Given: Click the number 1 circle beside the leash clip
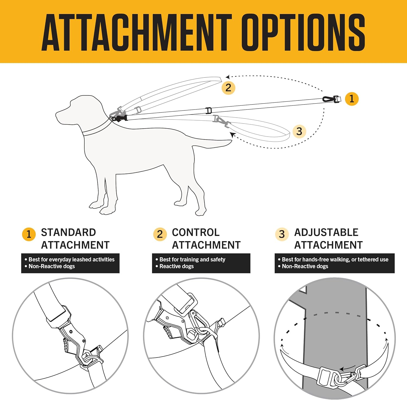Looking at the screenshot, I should tap(352, 99).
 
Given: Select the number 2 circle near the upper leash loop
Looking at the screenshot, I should tap(228, 88).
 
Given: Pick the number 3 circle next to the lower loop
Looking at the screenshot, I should tap(299, 131).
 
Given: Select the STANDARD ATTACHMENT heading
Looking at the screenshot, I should tap(75, 238).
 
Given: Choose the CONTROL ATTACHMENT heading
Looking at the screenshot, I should tap(206, 238).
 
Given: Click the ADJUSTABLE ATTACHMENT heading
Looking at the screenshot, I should tap(328, 238).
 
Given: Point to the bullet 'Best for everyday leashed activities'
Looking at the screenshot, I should tap(71, 259).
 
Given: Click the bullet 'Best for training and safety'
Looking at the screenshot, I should tap(192, 259).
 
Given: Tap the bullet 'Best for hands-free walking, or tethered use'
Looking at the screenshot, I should tap(335, 259).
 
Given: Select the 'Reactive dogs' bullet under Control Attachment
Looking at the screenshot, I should tap(176, 266).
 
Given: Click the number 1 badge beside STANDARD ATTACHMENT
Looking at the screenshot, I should tap(29, 234).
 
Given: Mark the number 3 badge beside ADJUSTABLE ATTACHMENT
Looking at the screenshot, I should tap(282, 234).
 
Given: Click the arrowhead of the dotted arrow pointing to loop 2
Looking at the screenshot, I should tap(228, 77).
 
